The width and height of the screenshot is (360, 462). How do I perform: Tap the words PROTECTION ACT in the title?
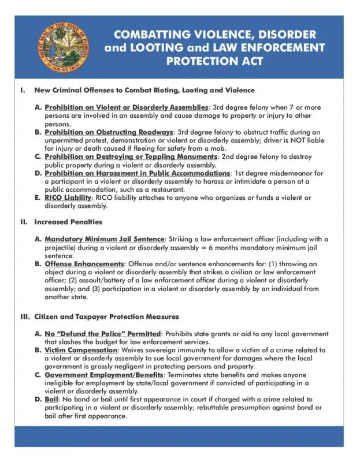tap(214, 61)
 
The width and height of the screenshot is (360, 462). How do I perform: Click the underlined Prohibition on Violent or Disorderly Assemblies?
tap(126, 107)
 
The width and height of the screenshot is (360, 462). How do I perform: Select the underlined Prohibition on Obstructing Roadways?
tap(109, 132)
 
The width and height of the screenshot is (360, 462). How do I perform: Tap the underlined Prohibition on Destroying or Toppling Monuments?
tap(131, 157)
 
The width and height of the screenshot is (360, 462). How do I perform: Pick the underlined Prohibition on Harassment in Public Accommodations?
tap(137, 173)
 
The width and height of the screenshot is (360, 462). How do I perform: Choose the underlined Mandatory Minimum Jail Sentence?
tap(105, 239)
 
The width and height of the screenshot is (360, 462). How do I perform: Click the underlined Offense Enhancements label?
tap(84, 264)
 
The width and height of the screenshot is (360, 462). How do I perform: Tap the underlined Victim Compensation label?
tap(81, 350)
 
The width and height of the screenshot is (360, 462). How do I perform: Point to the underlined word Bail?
tap(51, 400)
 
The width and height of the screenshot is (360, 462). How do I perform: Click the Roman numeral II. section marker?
tap(24, 222)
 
